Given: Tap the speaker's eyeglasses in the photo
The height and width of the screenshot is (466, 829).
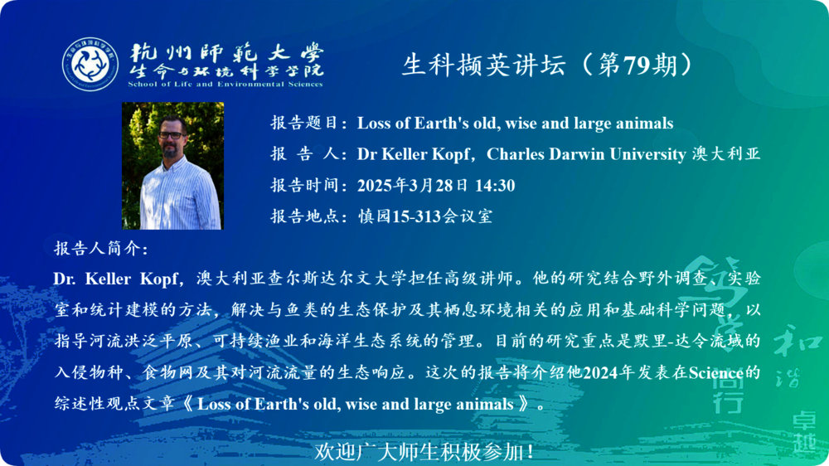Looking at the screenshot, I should point(172,134).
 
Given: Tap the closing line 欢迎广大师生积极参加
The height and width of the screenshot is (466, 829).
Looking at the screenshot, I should point(424,452).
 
